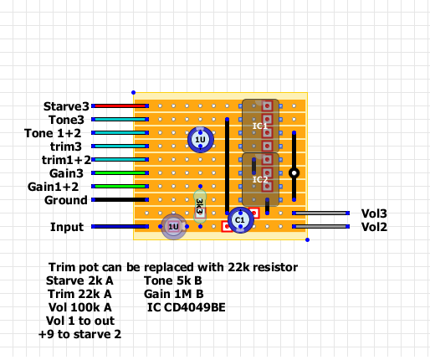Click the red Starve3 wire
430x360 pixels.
pyautogui.click(x=120, y=106)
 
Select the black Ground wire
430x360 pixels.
pyautogui.click(x=120, y=200)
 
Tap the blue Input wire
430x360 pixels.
pyautogui.click(x=120, y=227)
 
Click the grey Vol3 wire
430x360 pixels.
pyautogui.click(x=320, y=213)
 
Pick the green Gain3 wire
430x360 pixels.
pyautogui.click(x=120, y=173)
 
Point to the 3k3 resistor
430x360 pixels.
pyautogui.click(x=200, y=207)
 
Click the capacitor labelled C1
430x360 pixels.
pyautogui.click(x=241, y=220)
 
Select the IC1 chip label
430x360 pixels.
pyautogui.click(x=260, y=126)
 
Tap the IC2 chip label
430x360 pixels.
pyautogui.click(x=260, y=179)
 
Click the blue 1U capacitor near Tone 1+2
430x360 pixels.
pyautogui.click(x=201, y=140)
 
